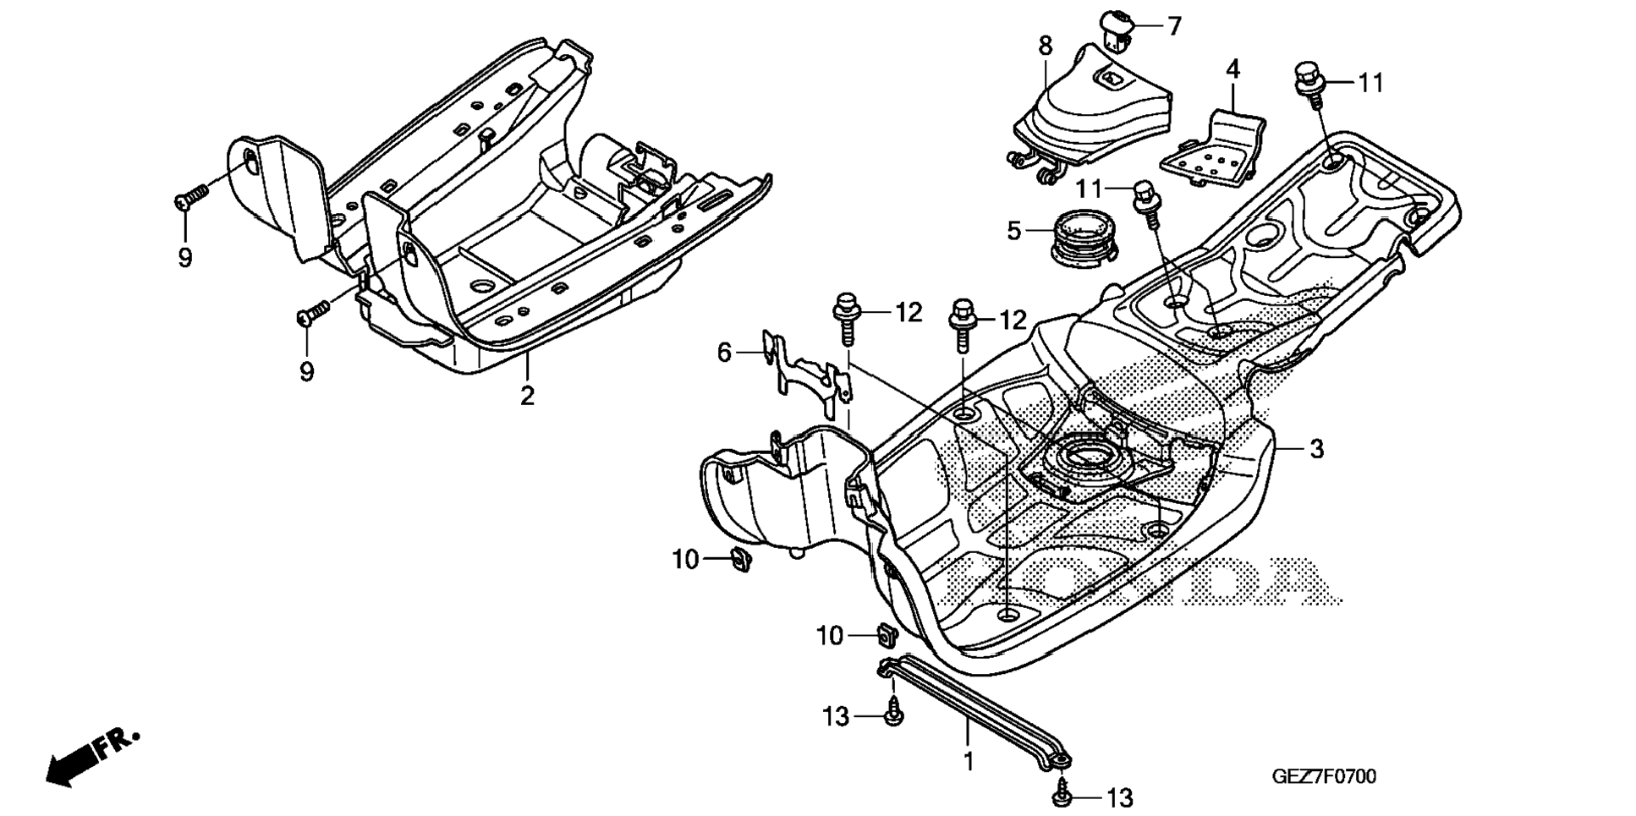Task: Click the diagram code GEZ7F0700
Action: pos(1324,776)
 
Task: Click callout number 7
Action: pos(1174,27)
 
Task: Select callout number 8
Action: pos(1046,46)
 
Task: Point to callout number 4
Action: pos(1233,69)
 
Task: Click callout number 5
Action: pos(1014,230)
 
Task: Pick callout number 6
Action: pos(724,352)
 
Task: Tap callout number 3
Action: pos(1316,449)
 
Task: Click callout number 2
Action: pos(527,396)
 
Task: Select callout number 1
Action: pos(969,760)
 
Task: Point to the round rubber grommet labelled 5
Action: pos(1079,236)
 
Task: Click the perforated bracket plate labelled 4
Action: pos(1215,149)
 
